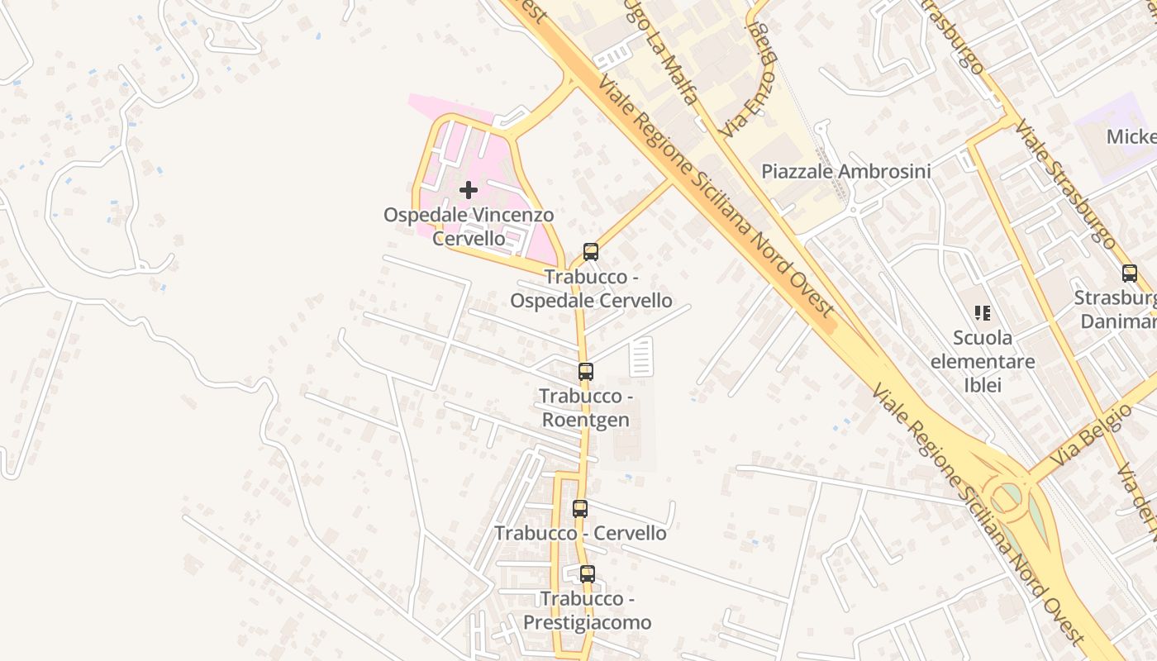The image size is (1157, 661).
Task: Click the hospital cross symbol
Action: coord(469,191)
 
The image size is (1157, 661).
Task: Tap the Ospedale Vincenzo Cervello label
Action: coord(469,226)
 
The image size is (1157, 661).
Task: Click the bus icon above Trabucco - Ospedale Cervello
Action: coord(590,252)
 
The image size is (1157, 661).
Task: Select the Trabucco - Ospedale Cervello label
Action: coord(590,288)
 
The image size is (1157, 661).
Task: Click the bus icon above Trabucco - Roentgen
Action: coord(585,372)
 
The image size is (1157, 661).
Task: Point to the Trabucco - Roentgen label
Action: coord(585,408)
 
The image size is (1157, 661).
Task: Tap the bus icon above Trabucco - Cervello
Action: coord(580,509)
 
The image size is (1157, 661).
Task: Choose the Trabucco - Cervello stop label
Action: coord(580,534)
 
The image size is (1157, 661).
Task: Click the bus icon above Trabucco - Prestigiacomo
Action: coord(587,573)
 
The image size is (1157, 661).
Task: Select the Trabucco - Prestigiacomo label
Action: coord(587,611)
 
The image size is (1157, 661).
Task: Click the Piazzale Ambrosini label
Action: coord(845,172)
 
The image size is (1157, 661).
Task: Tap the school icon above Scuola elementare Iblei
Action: coord(983,313)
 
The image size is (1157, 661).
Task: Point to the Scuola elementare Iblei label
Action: coord(983,361)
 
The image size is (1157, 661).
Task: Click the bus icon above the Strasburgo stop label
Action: coord(1129,273)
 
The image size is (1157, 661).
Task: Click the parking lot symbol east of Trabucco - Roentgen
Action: coord(641,357)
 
